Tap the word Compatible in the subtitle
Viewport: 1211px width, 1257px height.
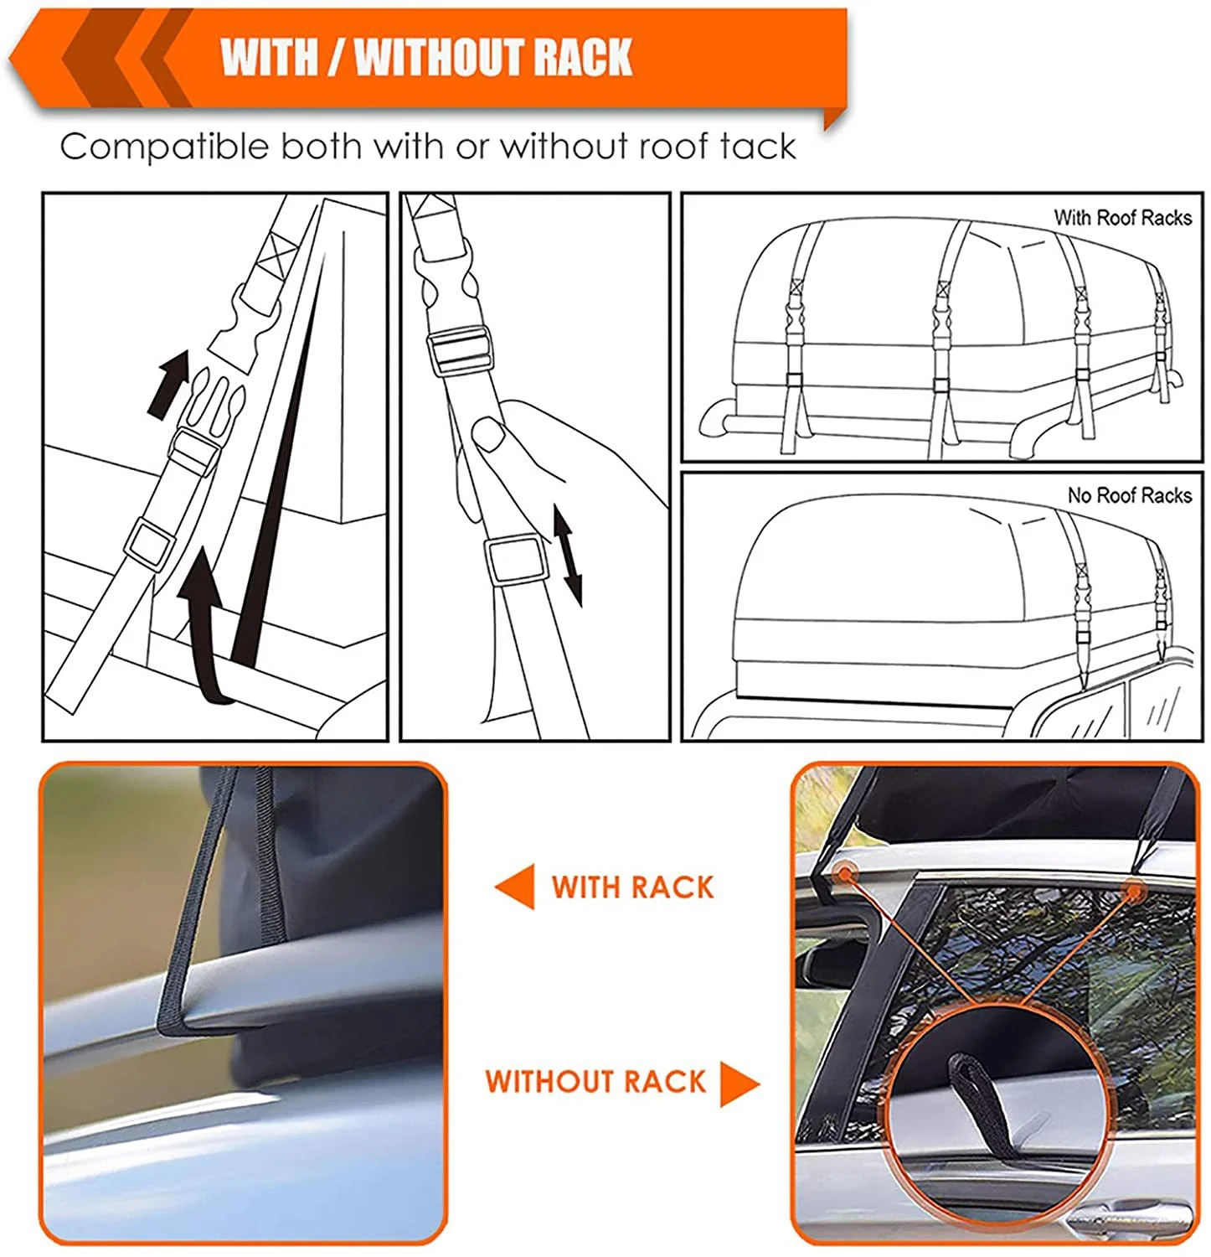[163, 147]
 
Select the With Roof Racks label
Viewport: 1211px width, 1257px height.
[1122, 218]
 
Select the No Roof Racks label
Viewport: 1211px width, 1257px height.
[1129, 495]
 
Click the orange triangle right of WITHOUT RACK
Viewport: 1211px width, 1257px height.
[739, 1083]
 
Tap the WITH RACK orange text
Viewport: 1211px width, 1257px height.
[632, 887]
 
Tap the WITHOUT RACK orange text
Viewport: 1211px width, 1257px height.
[595, 1082]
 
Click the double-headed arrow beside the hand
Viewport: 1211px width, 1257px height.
[567, 554]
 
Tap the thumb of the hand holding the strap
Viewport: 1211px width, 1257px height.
[487, 435]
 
